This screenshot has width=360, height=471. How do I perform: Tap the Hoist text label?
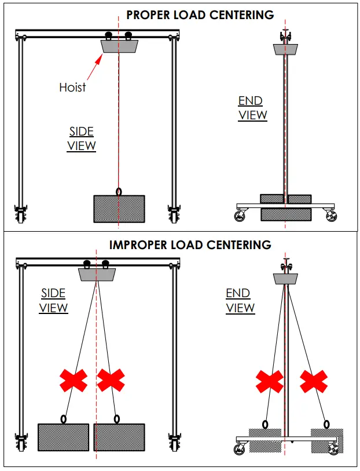72,87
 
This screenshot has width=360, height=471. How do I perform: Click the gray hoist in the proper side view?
119,46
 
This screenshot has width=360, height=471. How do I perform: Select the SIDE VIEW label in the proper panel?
82,138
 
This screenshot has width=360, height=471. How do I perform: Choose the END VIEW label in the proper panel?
253,108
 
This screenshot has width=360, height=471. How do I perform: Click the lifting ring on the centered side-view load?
119,191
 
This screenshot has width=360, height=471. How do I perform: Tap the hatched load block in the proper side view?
119,209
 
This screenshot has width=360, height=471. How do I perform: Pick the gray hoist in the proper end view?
285,49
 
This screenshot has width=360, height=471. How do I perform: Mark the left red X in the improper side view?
74,380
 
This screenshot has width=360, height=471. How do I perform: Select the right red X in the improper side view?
111,380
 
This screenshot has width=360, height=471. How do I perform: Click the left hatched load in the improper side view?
64,437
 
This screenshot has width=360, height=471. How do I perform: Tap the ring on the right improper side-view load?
117,418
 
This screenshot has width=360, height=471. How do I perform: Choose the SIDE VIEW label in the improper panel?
53,300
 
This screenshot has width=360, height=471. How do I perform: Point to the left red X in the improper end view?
269,381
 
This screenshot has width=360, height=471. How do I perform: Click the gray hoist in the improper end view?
285,279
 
